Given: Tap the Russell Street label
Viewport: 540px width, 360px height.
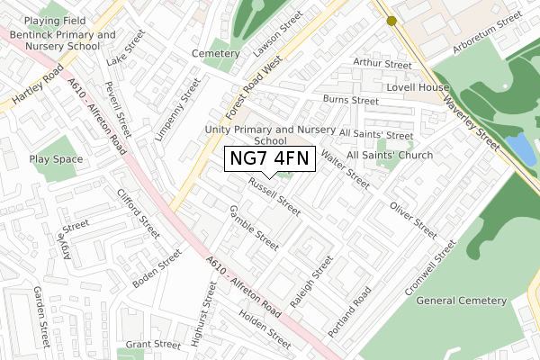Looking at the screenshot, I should click(x=275, y=195).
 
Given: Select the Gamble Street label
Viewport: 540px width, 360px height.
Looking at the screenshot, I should click(x=253, y=227).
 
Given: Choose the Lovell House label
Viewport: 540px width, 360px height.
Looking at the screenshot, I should click(x=418, y=88).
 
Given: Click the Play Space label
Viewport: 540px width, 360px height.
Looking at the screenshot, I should click(x=55, y=159).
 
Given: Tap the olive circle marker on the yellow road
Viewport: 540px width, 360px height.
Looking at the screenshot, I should click(x=391, y=21).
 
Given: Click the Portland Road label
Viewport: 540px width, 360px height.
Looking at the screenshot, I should click(x=350, y=313).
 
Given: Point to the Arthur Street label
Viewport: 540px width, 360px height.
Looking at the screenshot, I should click(x=382, y=64).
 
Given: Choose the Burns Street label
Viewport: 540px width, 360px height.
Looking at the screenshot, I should click(x=350, y=101).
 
